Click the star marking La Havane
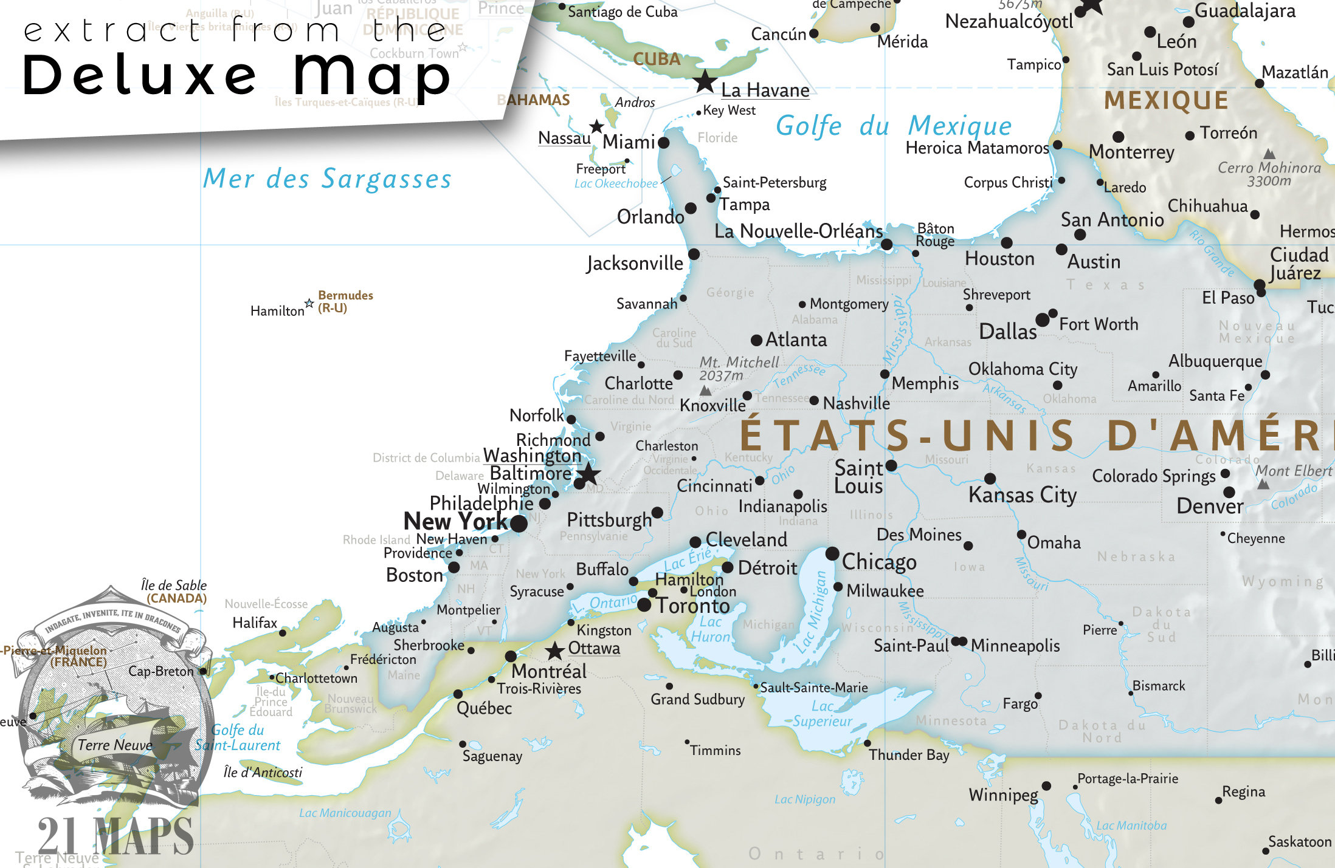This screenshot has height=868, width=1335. [705, 81]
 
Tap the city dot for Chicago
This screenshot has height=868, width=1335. [832, 553]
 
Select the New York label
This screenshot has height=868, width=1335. [455, 521]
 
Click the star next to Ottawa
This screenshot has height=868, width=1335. [554, 651]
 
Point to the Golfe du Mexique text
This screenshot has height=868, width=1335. [894, 126]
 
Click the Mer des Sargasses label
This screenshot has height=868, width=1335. [327, 179]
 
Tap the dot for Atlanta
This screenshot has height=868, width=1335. [756, 340]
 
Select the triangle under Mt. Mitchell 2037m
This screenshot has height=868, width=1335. [705, 391]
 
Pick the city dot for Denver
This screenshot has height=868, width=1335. [1229, 492]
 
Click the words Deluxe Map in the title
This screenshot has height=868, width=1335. [237, 76]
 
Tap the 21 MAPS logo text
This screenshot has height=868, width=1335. [116, 836]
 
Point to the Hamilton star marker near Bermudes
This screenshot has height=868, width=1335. [309, 303]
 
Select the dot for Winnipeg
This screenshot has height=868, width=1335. [1046, 786]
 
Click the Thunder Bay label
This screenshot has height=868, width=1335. [909, 755]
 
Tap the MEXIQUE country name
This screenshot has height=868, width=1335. [1166, 100]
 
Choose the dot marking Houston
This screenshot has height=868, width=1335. [1006, 243]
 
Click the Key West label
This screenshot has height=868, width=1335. [729, 111]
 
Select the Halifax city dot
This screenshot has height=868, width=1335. [283, 633]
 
